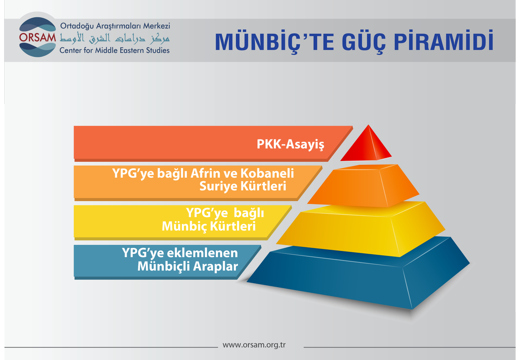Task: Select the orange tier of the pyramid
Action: [363, 186]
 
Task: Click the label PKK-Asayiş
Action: [290, 144]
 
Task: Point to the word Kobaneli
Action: [267, 173]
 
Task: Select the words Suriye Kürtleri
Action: [243, 187]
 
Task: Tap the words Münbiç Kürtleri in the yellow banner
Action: [209, 226]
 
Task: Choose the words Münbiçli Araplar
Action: [188, 266]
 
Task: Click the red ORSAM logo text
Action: [37, 37]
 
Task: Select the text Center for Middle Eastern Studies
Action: [114, 50]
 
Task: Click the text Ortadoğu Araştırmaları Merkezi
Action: [115, 26]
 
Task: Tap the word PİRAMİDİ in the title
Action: [444, 41]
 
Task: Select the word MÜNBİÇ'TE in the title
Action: [274, 42]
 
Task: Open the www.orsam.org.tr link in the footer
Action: [254, 345]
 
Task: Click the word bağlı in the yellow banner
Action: [249, 213]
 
